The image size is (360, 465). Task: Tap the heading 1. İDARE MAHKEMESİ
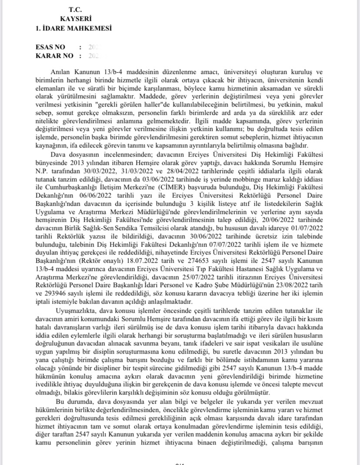(74, 28)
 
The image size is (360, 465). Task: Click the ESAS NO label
(50, 46)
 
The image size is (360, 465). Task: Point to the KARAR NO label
(53, 55)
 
